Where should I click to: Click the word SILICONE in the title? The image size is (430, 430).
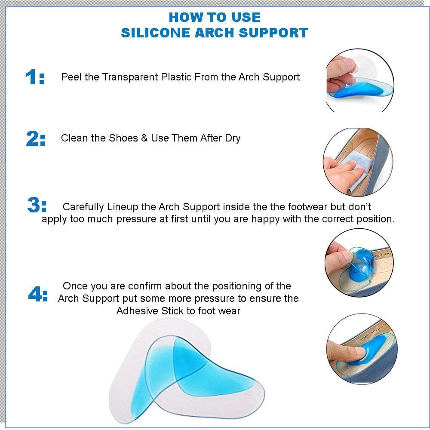pyautogui.click(x=156, y=33)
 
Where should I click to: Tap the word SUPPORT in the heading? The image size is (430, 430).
pyautogui.click(x=273, y=33)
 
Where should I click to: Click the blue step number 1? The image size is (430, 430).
pyautogui.click(x=31, y=77)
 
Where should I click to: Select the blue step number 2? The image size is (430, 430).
pyautogui.click(x=32, y=138)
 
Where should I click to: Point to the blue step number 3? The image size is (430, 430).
pyautogui.click(x=34, y=205)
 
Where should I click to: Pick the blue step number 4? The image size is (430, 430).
pyautogui.click(x=34, y=294)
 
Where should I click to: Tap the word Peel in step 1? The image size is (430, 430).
pyautogui.click(x=71, y=77)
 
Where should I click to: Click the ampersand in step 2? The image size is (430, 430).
pyautogui.click(x=144, y=138)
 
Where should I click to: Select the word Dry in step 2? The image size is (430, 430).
pyautogui.click(x=233, y=138)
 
